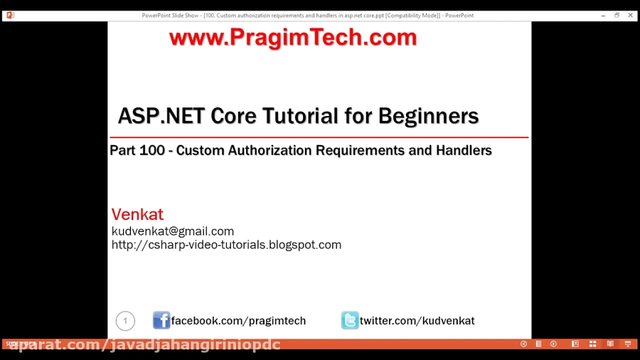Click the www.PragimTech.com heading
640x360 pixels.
[x=293, y=38]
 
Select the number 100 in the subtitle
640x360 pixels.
[x=156, y=151]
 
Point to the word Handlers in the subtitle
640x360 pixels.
[x=461, y=151]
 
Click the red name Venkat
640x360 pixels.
[x=137, y=214]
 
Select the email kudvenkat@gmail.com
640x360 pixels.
[x=173, y=231]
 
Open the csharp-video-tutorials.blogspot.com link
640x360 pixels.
[x=226, y=245]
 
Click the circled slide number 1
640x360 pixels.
[x=125, y=321]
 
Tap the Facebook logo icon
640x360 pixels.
[x=161, y=320]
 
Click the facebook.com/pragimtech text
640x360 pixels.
[x=238, y=321]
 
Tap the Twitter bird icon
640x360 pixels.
[x=350, y=320]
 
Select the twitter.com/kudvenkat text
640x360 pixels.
[x=417, y=321]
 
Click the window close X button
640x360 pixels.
[x=630, y=15]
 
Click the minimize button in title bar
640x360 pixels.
[x=603, y=15]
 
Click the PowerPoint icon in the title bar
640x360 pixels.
[x=10, y=15]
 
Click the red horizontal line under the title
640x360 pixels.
[x=319, y=137]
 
